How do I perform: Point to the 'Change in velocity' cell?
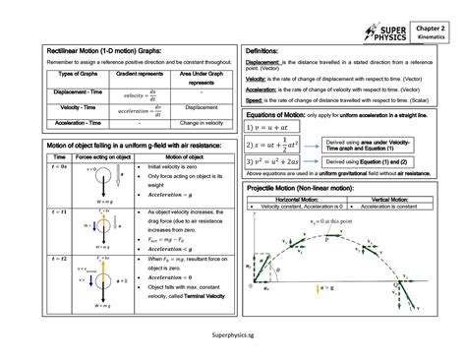pyautogui.click(x=202, y=124)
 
